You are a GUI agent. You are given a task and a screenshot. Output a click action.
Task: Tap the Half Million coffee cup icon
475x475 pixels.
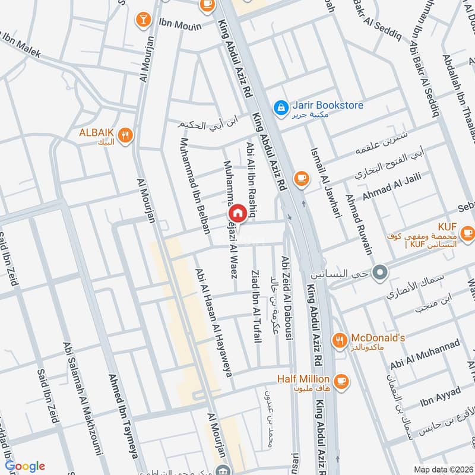tap(341, 379)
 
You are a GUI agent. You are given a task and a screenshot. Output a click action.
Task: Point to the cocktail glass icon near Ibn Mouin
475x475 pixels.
tap(142, 18)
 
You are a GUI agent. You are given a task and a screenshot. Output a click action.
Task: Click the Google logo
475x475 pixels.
tap(25, 466)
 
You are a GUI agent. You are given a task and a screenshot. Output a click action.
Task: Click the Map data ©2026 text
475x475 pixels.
tap(442, 469)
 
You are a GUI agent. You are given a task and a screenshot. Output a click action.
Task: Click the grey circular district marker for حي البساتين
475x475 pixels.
tap(382, 273)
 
